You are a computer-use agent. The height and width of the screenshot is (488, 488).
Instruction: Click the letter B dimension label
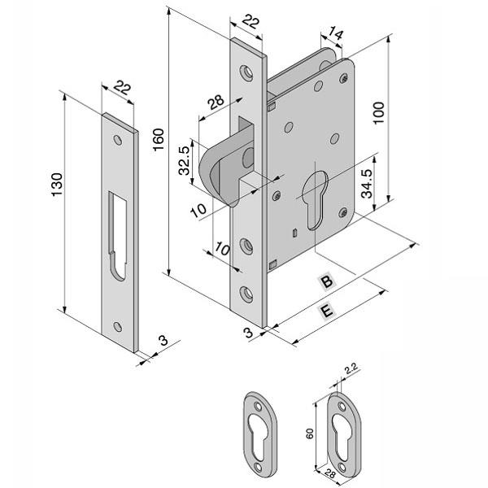325,281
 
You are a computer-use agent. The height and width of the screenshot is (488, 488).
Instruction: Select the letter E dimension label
325,312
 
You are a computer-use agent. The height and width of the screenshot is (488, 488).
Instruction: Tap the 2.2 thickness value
351,371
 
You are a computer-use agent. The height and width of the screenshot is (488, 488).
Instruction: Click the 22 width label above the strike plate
124,87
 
